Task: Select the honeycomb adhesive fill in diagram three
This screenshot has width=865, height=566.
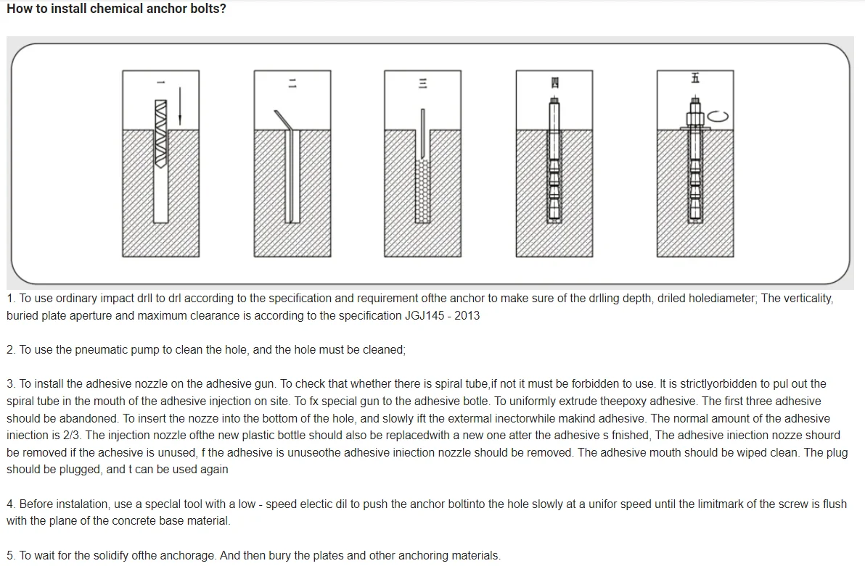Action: [422, 190]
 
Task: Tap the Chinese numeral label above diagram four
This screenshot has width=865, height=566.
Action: [555, 83]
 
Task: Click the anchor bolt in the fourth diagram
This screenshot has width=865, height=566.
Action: [554, 163]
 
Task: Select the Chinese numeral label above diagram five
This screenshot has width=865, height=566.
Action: [694, 78]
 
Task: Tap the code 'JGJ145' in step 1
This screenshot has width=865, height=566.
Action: [424, 316]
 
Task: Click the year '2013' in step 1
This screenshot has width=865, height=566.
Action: [467, 316]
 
